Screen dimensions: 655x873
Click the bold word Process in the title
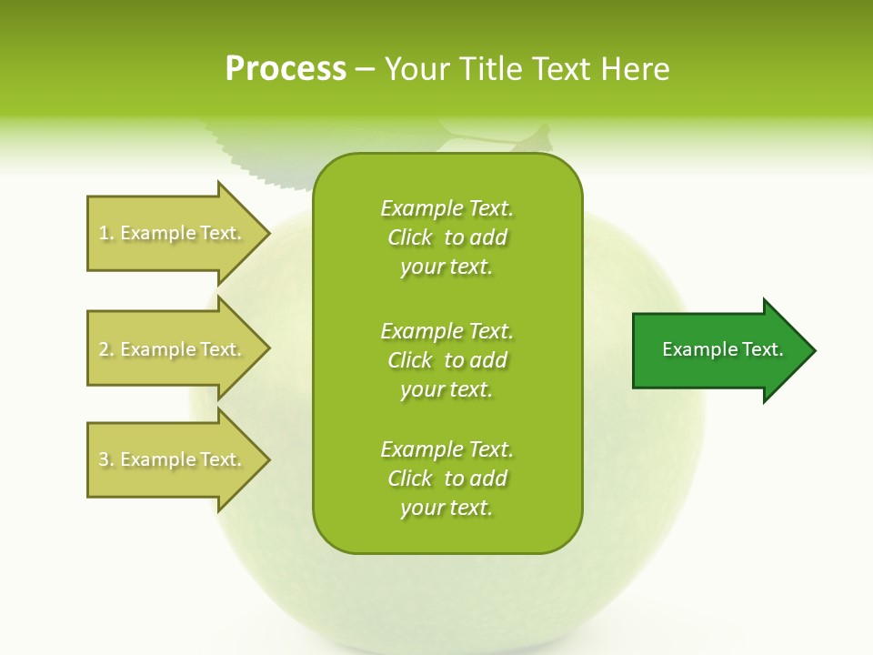point(286,69)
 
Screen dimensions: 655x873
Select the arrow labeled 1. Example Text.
point(173,233)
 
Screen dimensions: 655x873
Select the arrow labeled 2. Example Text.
point(173,349)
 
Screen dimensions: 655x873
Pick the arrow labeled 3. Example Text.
point(173,459)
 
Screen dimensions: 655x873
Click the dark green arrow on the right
point(718,350)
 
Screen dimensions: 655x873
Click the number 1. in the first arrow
point(106,233)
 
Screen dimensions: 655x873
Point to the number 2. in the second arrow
point(106,349)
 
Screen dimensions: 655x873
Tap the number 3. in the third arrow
point(106,459)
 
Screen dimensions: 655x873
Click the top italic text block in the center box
point(447,237)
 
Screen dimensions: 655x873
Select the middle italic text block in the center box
point(447,360)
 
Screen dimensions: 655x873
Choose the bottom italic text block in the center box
point(447,479)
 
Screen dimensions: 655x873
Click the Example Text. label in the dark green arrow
point(722,349)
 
